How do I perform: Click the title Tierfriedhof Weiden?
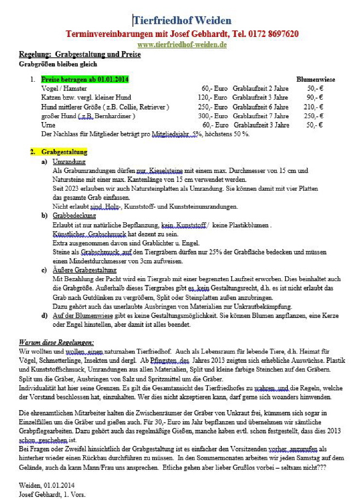click(x=182, y=20)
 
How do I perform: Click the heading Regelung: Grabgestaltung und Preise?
click(x=80, y=54)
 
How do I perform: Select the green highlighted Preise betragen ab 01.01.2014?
click(x=85, y=79)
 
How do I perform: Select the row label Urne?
click(x=48, y=125)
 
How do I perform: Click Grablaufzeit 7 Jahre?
click(x=260, y=116)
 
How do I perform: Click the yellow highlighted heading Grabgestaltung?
click(x=64, y=152)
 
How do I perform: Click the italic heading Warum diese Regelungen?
click(x=56, y=342)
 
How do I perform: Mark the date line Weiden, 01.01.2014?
click(x=47, y=485)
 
